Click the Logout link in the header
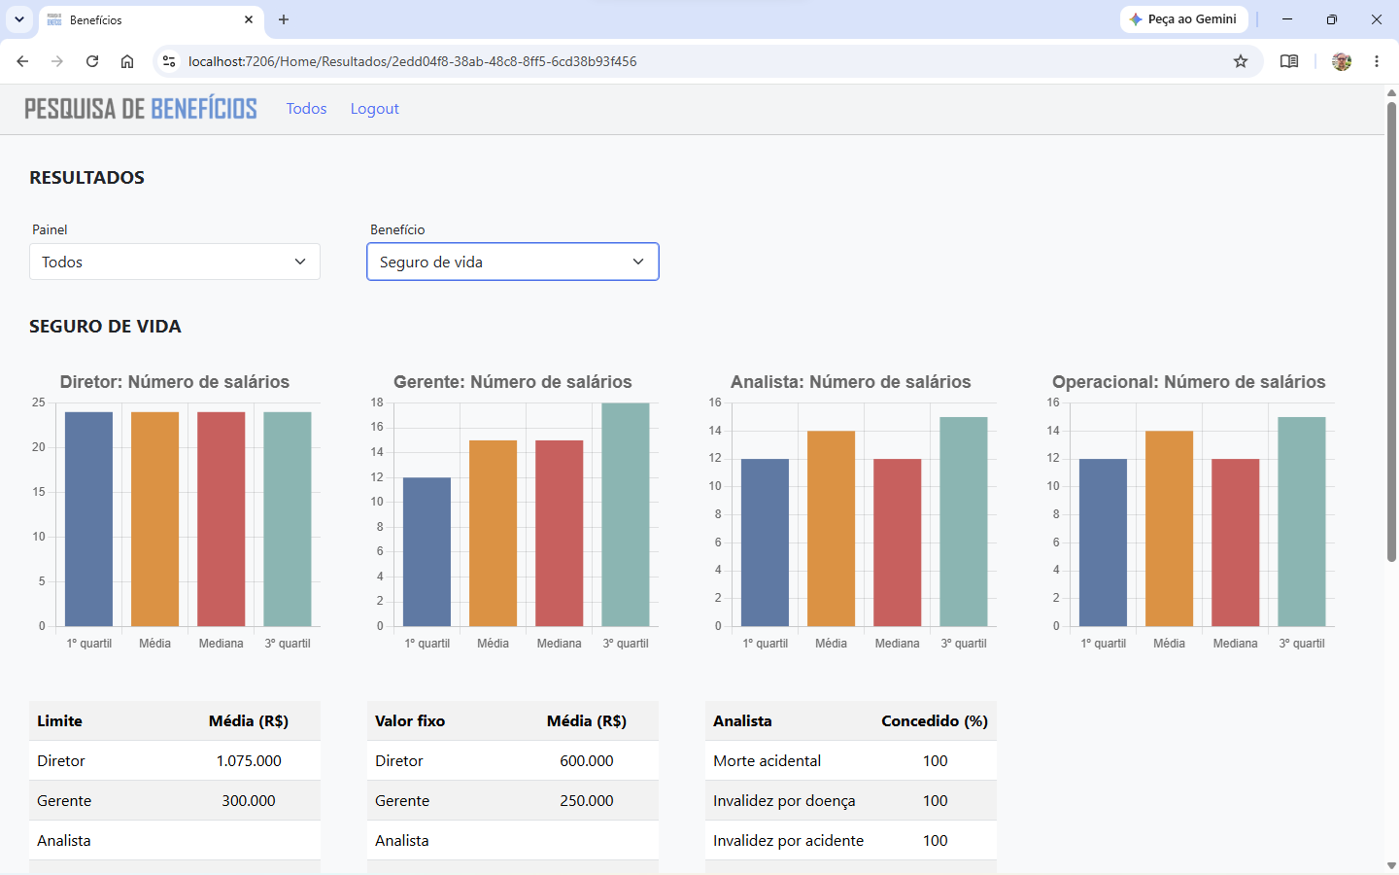(374, 109)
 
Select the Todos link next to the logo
(306, 109)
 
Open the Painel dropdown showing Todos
(175, 262)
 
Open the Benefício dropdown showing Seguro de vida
(513, 262)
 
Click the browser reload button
(92, 61)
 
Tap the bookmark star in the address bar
(1241, 61)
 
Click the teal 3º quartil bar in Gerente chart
(626, 514)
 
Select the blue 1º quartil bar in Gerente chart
(427, 552)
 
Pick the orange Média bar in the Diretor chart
(154, 519)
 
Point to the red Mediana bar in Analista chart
(897, 542)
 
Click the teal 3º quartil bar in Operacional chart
(1302, 521)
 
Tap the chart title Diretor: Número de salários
(175, 382)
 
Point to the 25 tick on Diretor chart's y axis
(39, 402)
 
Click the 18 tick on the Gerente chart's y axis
(377, 402)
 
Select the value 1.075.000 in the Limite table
(249, 760)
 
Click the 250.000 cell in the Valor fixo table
(587, 801)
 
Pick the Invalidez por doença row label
(784, 801)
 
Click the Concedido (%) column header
(935, 721)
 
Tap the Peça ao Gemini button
(1184, 19)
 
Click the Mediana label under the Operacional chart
(1235, 644)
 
